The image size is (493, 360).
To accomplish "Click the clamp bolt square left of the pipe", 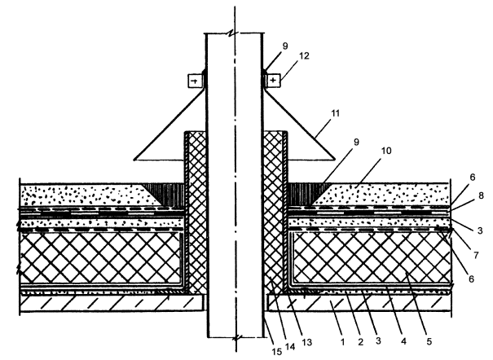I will coord(195,81).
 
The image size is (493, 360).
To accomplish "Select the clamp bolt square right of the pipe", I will coord(271,81).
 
